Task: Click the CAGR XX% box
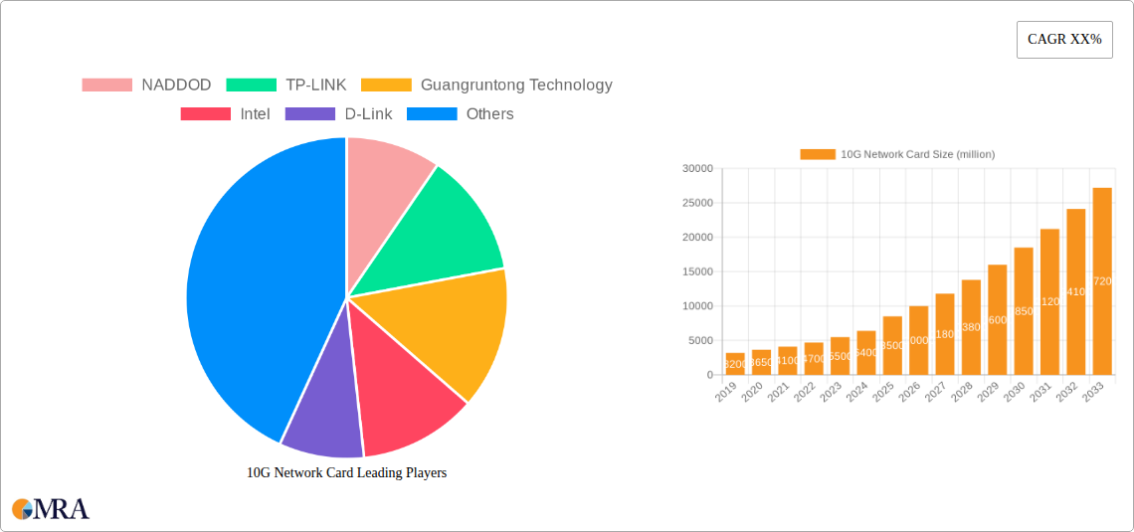click(1064, 40)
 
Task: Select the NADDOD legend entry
click(146, 86)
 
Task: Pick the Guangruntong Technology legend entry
click(486, 86)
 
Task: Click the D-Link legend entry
click(339, 114)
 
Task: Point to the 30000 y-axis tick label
click(696, 169)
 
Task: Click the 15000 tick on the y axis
click(696, 272)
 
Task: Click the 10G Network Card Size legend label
click(916, 154)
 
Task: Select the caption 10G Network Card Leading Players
click(346, 473)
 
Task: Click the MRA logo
click(51, 509)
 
